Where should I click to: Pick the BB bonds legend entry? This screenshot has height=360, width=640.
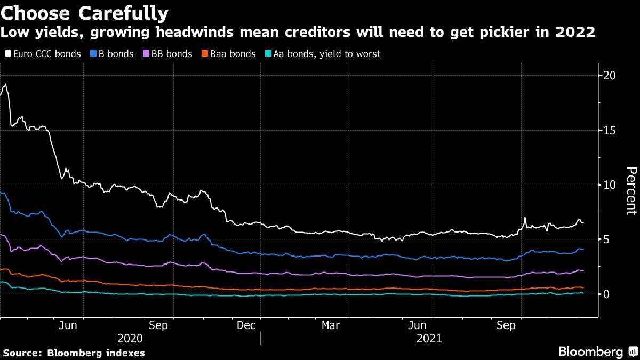tap(170, 54)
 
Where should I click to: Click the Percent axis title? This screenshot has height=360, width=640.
tap(631, 190)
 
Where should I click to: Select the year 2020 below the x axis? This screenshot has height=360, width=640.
tap(130, 338)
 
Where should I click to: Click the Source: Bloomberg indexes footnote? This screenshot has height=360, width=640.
tap(74, 353)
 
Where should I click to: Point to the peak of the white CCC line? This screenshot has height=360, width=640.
tap(5, 84)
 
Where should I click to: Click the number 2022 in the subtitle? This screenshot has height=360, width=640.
tap(575, 33)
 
